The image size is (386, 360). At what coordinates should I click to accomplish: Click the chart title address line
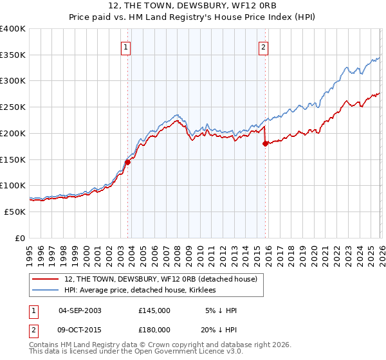click(192, 7)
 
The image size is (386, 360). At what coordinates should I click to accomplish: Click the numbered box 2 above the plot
click(264, 46)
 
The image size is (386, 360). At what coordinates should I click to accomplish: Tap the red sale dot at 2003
click(127, 162)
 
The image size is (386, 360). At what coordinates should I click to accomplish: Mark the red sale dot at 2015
click(265, 144)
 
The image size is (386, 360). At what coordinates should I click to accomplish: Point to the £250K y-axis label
click(13, 107)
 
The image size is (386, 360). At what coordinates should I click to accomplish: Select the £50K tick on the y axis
click(15, 212)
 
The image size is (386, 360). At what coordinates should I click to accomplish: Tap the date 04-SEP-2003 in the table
click(80, 310)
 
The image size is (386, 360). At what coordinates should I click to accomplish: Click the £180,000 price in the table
click(154, 330)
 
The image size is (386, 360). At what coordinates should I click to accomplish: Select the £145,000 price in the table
click(154, 310)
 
